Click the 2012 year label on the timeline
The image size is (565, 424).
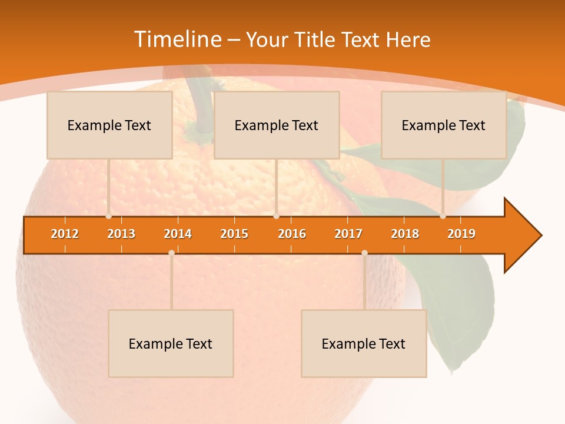pos(65,234)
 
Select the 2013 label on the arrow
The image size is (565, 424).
pos(121,234)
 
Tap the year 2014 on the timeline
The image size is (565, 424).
pos(178,234)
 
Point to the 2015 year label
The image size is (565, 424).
pos(234,234)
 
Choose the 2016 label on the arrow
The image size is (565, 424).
pos(292,234)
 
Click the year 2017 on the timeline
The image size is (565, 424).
pos(348,234)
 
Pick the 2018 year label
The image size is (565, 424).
pos(405,234)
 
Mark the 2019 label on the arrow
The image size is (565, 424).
pos(461,234)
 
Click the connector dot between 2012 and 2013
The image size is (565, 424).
pos(109,216)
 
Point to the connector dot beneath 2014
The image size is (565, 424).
pos(171,253)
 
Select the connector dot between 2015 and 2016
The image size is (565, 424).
pos(276,216)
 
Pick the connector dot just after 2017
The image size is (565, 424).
pos(364,253)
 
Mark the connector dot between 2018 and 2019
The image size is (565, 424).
pos(443,216)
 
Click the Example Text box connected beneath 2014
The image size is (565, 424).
pos(171,343)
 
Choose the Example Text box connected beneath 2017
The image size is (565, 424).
pos(364,343)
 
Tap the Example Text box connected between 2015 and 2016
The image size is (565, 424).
pos(277,125)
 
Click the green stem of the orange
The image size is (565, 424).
pos(200,106)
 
